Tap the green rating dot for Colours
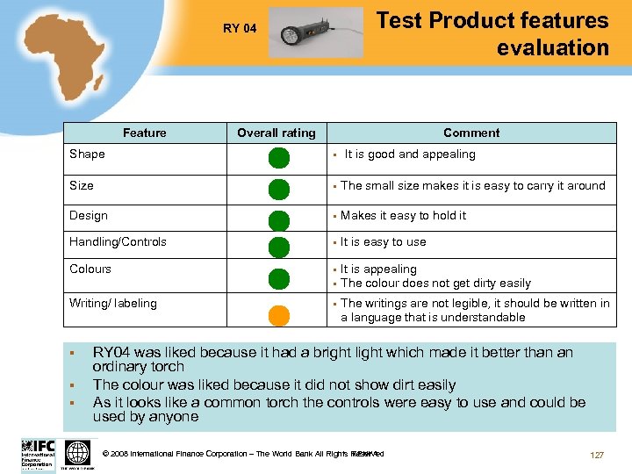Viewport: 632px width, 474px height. [278, 278]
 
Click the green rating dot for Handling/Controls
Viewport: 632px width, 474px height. [278, 247]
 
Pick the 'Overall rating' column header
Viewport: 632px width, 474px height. [276, 133]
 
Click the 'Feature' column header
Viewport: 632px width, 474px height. [145, 133]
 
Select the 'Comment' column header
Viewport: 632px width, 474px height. [471, 133]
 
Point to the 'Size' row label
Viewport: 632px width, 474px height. [82, 185]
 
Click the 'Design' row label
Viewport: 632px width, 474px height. [89, 215]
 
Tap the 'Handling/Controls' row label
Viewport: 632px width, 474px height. [118, 241]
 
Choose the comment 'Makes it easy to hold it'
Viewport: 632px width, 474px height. [404, 215]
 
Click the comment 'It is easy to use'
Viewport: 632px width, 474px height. [384, 241]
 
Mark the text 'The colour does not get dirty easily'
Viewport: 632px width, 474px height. [435, 283]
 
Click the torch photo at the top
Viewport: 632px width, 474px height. [314, 32]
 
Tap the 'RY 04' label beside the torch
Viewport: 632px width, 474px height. [240, 28]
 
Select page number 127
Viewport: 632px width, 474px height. [597, 455]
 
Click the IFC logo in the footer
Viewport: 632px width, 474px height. [38, 454]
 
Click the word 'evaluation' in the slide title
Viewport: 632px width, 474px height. [552, 47]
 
